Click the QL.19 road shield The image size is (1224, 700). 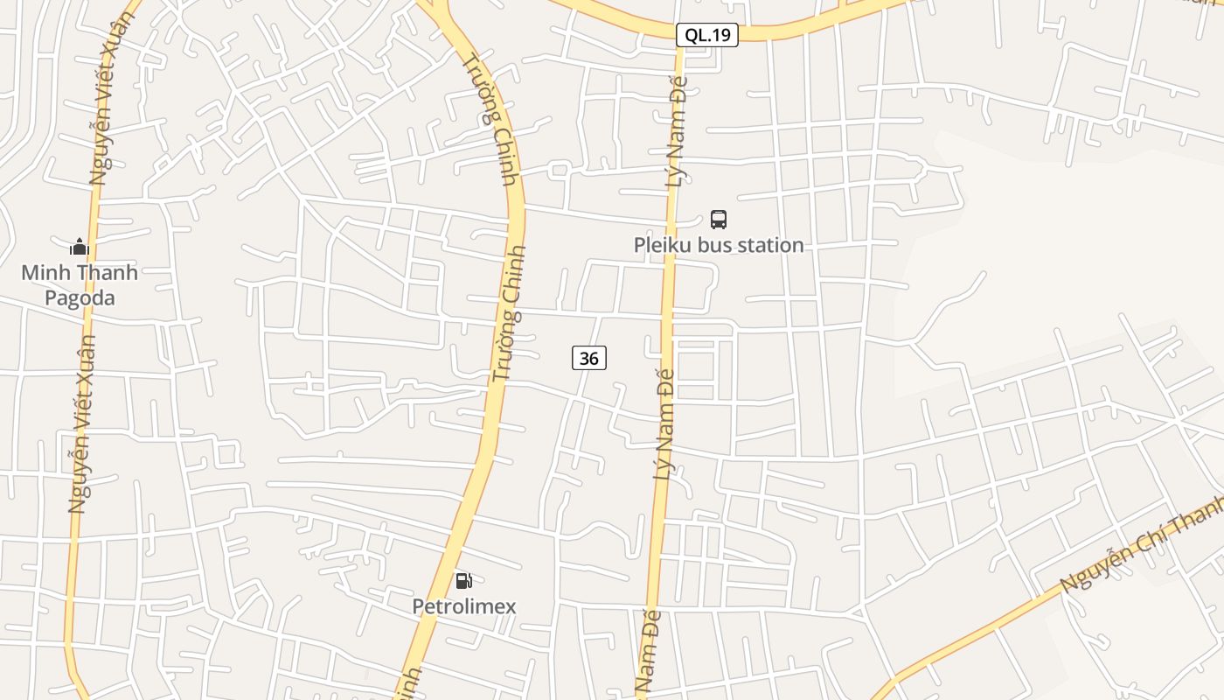(x=707, y=35)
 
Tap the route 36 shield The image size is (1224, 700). (x=589, y=358)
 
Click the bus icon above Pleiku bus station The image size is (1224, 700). (x=719, y=220)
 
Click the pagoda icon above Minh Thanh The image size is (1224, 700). (x=80, y=248)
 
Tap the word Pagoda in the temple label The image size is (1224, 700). (x=80, y=298)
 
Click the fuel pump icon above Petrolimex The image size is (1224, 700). (x=464, y=580)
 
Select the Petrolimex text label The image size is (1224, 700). (x=464, y=606)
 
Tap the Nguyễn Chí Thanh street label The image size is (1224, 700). (x=1141, y=543)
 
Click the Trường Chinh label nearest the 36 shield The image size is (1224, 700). (x=509, y=313)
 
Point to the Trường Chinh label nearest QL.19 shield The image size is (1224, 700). (x=490, y=119)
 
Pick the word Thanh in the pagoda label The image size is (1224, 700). (x=108, y=272)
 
